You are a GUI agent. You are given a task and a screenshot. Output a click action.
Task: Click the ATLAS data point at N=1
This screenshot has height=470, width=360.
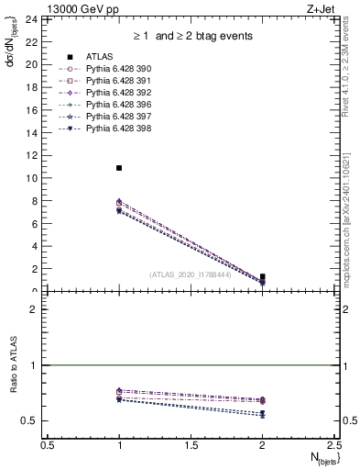[119, 168]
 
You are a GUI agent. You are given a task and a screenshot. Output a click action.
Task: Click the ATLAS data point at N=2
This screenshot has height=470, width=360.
[263, 276]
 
